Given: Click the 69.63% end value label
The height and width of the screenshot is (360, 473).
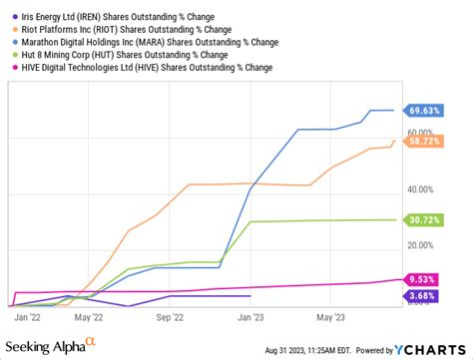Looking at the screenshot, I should click(x=423, y=111).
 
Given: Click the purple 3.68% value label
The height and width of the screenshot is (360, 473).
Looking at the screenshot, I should click(x=423, y=296).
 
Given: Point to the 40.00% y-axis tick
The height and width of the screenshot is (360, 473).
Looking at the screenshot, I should click(x=418, y=189).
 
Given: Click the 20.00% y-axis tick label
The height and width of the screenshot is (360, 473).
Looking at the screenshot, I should click(x=418, y=245).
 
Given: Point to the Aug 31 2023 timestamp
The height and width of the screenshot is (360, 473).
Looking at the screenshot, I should click(x=304, y=349).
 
